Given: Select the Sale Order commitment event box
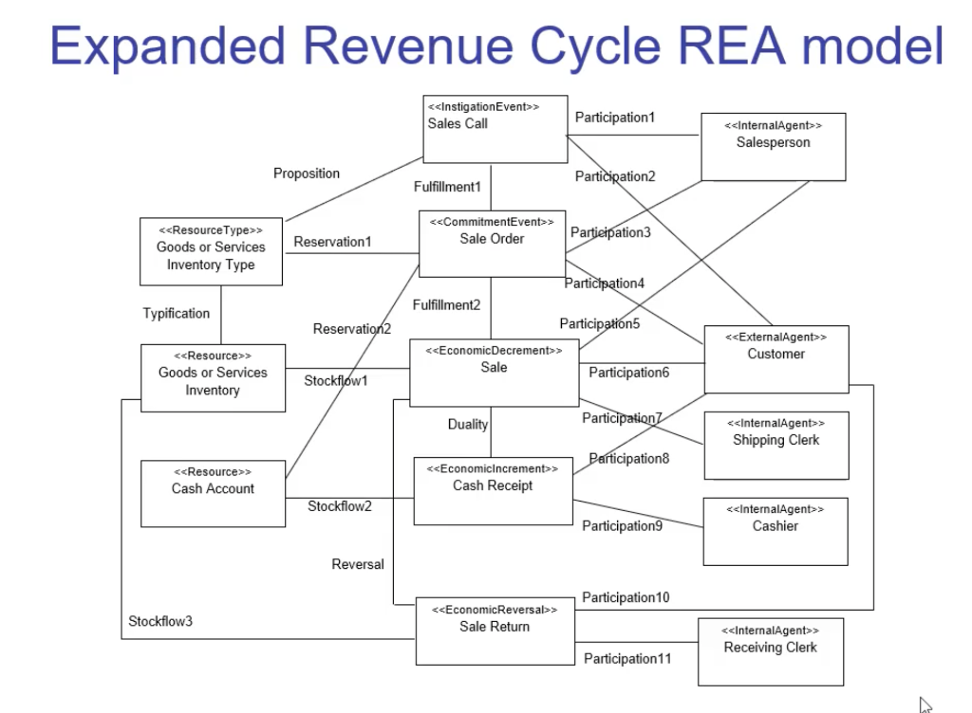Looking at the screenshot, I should point(492,244).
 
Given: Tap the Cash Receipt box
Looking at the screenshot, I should point(493,490).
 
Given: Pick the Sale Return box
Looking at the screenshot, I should point(495,631).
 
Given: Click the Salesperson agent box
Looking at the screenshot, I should point(773,146).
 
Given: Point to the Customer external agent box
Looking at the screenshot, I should point(776,358).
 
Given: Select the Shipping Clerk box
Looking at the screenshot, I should point(776,445).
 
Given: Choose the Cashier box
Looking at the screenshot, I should point(775,531).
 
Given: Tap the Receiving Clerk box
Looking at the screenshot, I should point(770,651).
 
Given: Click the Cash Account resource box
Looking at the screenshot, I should point(213,493).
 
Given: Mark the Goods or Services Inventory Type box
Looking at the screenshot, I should point(211,251).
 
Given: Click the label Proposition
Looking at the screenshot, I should point(307,174).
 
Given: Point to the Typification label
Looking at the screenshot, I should point(177,313).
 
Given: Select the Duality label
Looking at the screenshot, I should point(468,425).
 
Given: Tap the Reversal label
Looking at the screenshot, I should point(358,564).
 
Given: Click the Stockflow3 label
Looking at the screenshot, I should point(160,622).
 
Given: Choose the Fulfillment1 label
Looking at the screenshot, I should point(447,187).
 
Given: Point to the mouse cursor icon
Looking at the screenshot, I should point(925,704).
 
